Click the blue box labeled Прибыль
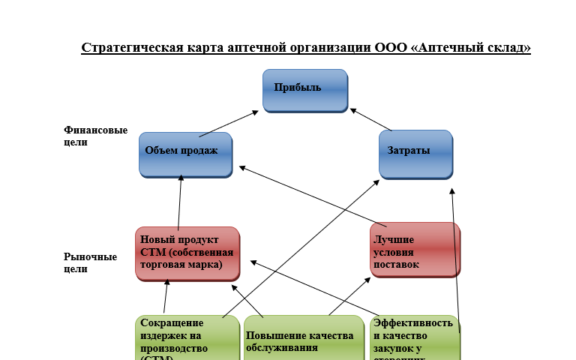click(x=304, y=90)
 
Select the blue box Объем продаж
click(x=185, y=154)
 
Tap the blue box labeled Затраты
click(x=415, y=154)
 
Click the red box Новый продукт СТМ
click(x=187, y=253)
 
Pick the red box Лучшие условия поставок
click(x=415, y=250)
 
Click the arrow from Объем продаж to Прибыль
click(x=229, y=124)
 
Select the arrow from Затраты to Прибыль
click(x=370, y=120)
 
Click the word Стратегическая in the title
click(x=132, y=49)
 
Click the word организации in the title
click(x=328, y=49)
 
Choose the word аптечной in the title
click(x=255, y=49)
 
